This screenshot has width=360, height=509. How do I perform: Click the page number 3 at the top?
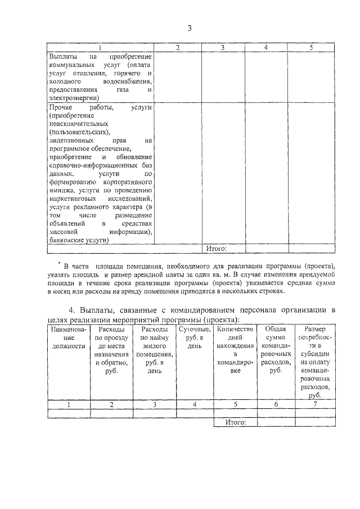(190, 29)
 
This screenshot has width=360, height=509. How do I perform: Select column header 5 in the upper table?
(310, 48)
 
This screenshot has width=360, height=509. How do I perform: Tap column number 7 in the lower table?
(315, 404)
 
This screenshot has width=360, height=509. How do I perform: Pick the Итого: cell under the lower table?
(235, 422)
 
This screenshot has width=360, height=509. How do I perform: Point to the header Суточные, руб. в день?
(194, 338)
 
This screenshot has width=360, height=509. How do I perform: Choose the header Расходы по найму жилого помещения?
(155, 354)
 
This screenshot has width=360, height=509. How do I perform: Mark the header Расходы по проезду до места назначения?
(111, 354)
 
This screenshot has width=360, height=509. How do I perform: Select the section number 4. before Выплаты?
(71, 310)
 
